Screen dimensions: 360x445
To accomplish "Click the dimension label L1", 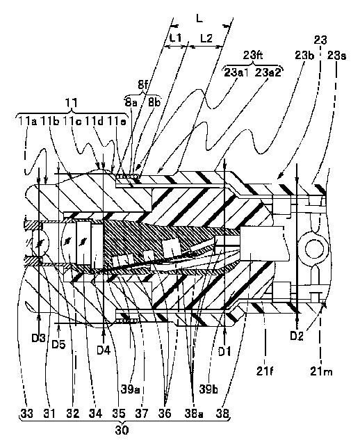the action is tap(176, 38).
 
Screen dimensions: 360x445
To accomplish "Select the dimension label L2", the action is tap(206, 38).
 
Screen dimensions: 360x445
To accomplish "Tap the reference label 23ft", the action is tap(253, 55).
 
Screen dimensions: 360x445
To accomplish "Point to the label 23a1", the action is tap(236, 72).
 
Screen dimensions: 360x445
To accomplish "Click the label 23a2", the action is tap(268, 72).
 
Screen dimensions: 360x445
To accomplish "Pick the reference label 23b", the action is tap(304, 56).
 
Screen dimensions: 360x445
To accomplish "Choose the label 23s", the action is tap(336, 56).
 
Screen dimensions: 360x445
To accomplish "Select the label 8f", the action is tap(143, 85).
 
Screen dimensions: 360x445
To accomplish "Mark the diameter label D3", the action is tap(38, 338).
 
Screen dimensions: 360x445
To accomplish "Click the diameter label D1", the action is tap(224, 352).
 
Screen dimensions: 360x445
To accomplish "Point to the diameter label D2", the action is tap(297, 336).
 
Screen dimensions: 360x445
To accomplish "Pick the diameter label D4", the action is tap(104, 350).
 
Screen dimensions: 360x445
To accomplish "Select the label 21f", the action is tap(265, 371).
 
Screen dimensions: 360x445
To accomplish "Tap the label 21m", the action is tap(321, 371).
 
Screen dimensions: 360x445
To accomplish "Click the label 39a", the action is tap(130, 389).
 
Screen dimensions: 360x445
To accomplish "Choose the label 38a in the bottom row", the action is tap(194, 414).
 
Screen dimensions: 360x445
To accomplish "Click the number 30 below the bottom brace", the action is tap(122, 430).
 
